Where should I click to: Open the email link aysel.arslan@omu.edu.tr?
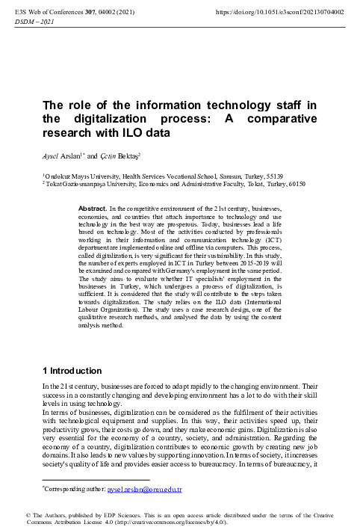[150, 489]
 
